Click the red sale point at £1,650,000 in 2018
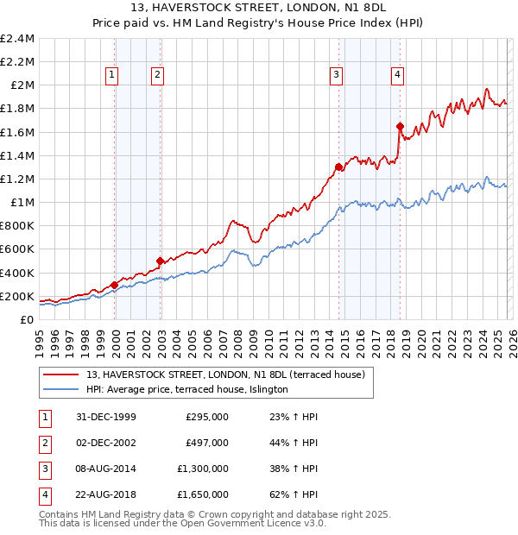coord(401,126)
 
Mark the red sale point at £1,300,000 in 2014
coord(338,167)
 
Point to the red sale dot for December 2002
coord(160,261)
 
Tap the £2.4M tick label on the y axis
coord(17,39)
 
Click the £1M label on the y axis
coord(22,202)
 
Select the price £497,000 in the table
coord(207,443)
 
